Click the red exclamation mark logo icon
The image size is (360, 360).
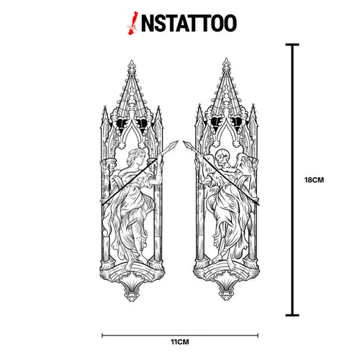point(132,23)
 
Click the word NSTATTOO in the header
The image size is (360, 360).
point(189,23)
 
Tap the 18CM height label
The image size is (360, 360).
point(314,180)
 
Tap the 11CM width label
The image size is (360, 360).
point(180,342)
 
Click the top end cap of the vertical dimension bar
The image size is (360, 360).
point(292,45)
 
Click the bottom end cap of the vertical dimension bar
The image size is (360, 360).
point(292,315)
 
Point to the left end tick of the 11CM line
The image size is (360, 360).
point(102,336)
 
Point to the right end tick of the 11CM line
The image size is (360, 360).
point(258,336)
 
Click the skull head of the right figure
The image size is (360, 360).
point(221,157)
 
